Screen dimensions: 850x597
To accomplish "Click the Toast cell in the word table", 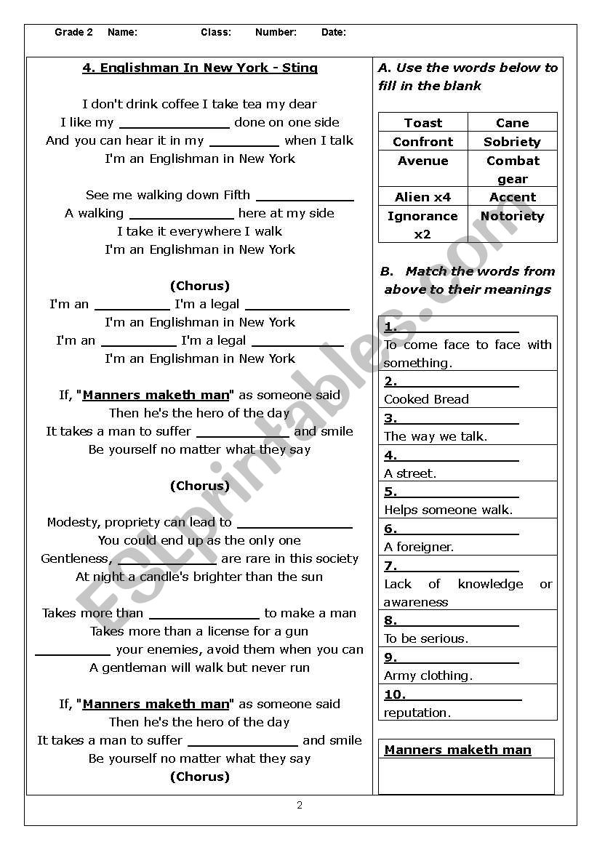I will click(423, 123).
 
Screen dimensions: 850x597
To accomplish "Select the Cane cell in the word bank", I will click(512, 123).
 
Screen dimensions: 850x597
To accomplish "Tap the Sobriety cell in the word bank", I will click(512, 142).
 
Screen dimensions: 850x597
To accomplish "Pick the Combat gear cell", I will click(512, 169).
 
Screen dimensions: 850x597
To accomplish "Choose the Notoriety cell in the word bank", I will click(512, 216).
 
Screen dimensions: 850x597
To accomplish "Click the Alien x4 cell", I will click(422, 197).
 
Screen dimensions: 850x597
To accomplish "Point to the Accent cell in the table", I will click(512, 197).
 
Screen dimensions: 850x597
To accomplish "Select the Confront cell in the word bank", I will click(422, 142).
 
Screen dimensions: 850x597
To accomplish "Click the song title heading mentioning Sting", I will click(200, 68).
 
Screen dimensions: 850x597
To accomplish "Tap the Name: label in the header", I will click(122, 32).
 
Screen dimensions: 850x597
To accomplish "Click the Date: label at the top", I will click(334, 32).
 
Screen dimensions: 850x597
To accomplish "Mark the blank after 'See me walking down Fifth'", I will click(305, 196).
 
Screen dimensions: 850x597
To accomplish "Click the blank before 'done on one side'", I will click(175, 124).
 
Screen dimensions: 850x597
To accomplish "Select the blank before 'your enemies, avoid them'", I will click(73, 651).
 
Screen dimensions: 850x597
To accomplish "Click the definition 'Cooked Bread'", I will click(426, 399).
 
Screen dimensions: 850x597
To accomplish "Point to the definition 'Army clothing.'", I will click(428, 675).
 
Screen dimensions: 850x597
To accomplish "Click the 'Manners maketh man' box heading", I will click(457, 750).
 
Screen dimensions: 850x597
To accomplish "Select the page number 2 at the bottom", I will click(300, 805).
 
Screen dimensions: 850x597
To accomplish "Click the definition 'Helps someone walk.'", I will click(448, 510).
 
